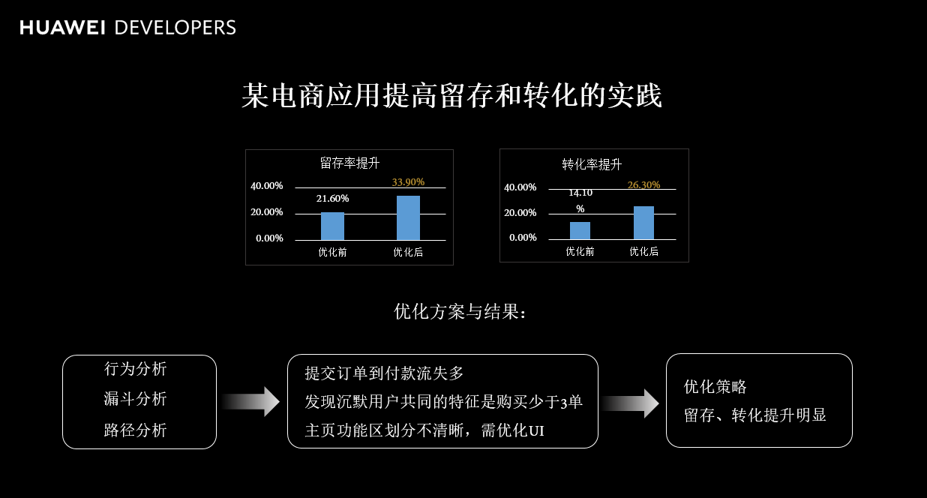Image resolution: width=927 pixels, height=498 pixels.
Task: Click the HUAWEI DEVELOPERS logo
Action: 127,28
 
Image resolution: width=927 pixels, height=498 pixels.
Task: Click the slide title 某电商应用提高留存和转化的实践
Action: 451,97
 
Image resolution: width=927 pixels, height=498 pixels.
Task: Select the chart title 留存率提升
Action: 349,163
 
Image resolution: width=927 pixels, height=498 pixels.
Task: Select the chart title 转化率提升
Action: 592,164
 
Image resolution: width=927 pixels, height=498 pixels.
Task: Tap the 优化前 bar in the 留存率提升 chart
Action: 332,226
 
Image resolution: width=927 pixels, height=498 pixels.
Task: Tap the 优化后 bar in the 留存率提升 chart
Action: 408,217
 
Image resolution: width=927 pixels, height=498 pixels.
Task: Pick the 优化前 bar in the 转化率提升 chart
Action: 580,230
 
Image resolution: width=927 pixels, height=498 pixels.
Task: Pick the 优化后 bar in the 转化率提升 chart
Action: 643,223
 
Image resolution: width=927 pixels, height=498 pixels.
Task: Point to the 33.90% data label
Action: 408,181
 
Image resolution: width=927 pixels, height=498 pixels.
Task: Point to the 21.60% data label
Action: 332,199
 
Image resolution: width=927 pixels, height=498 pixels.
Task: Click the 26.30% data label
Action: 643,184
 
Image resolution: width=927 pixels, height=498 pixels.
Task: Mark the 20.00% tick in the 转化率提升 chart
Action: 520,213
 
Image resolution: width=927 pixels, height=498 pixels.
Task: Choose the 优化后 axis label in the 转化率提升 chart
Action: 643,252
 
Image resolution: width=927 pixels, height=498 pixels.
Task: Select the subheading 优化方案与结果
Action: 460,311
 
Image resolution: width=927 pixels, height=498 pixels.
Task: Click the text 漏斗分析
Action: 135,399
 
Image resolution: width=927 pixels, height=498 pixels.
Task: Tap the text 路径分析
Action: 135,430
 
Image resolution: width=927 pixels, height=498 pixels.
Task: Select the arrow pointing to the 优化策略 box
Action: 630,403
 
